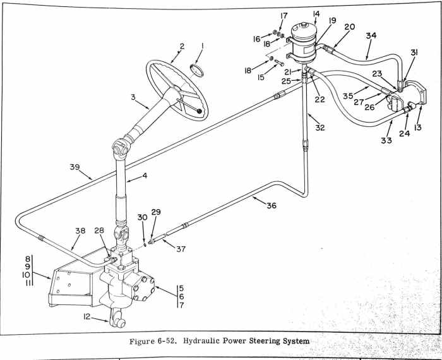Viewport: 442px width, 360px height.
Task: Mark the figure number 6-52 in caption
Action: [x=157, y=342]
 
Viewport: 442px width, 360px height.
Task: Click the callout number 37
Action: [x=180, y=249]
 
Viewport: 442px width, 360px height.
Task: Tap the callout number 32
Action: [x=320, y=127]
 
